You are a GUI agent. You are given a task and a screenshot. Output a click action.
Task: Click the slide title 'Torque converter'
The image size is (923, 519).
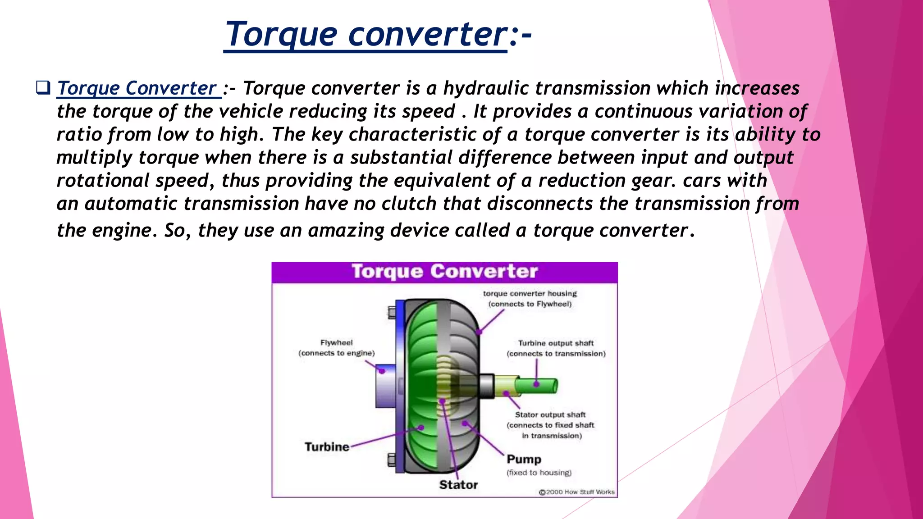[x=366, y=34]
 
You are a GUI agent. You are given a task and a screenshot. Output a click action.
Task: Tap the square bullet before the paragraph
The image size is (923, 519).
[x=43, y=87]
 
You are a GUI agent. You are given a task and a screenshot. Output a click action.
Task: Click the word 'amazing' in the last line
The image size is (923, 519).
[x=346, y=230]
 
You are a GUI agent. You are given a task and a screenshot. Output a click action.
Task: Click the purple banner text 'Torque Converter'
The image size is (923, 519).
[x=444, y=272]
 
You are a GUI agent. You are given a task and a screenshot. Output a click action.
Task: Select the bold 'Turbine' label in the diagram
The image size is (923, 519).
[x=327, y=447]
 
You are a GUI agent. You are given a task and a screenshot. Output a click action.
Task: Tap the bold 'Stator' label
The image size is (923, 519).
[x=458, y=485]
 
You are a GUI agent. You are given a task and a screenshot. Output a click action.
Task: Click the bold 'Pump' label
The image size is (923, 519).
[x=524, y=459]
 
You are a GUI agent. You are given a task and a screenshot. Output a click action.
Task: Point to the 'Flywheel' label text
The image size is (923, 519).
[x=336, y=343]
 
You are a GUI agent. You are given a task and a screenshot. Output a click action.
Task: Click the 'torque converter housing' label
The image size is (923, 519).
[x=530, y=294]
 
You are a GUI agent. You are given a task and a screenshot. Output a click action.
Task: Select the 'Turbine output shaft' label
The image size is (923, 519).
[x=556, y=343]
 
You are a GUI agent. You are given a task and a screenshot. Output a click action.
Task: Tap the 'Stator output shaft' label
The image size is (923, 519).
[x=550, y=414]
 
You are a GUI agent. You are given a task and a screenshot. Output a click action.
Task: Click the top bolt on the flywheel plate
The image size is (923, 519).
[x=392, y=312]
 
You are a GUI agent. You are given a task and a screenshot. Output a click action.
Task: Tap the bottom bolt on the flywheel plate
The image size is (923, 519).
[x=392, y=460]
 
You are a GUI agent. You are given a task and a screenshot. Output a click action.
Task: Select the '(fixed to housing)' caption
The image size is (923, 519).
[x=539, y=473]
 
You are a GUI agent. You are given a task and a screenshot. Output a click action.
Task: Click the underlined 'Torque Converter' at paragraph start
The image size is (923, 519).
[x=137, y=88]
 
